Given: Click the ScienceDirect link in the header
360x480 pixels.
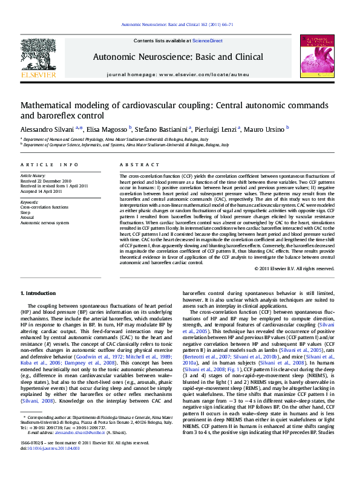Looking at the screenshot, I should click(208, 41).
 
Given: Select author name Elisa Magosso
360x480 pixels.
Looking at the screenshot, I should click(107, 129).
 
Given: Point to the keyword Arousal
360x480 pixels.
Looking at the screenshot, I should click(28, 218).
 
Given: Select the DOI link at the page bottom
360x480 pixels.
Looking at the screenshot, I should click(49, 465).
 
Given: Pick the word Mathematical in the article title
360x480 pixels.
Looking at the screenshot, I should click(53, 105).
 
